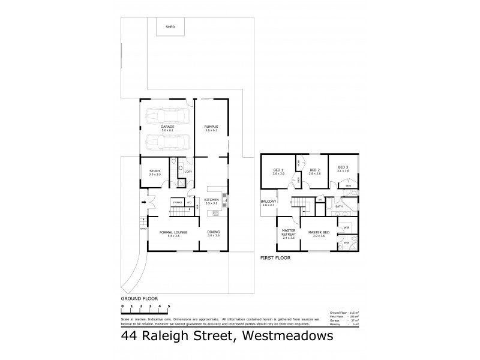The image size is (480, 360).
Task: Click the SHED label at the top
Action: [170, 26]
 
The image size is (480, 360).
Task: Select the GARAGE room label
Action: [167, 127]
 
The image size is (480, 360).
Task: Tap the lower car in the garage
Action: [167, 142]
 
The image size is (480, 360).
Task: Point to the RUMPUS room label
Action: [210, 127]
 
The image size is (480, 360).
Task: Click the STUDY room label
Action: [155, 172]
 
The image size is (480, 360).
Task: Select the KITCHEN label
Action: [212, 200]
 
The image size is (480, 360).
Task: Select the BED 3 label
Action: [343, 167]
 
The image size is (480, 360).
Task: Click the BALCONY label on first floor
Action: [268, 201]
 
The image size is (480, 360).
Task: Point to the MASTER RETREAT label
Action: [289, 234]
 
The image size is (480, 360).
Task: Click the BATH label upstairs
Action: [339, 206]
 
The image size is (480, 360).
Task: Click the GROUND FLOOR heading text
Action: [139, 298]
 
